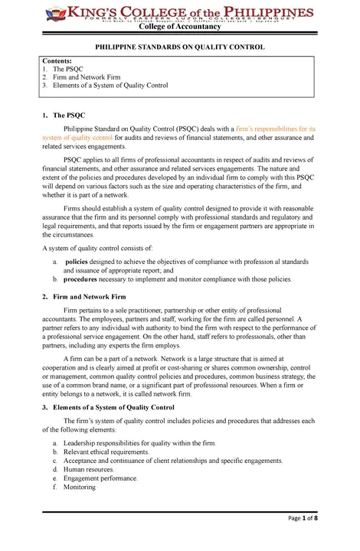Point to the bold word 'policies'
[x=78, y=261]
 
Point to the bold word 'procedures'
[x=82, y=279]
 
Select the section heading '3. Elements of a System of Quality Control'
[x=110, y=407]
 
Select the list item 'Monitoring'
[x=80, y=487]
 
